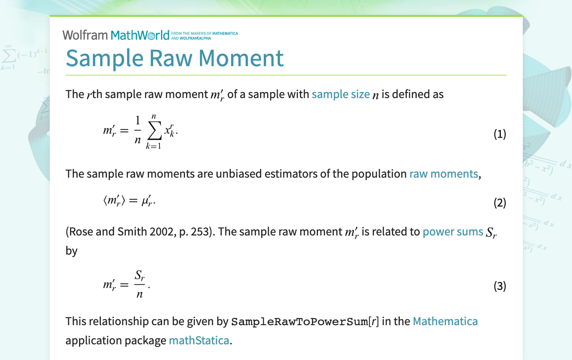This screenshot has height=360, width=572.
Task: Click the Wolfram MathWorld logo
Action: pos(116,35)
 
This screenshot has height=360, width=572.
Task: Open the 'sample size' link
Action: pos(341,94)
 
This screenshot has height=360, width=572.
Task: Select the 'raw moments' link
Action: pos(444,174)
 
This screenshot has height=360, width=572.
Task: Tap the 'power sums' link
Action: pos(453,232)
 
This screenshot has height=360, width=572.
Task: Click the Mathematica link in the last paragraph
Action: pos(445,321)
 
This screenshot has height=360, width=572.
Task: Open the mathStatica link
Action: pos(199,341)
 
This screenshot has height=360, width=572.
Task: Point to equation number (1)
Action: pos(499,134)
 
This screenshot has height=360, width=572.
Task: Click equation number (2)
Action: pos(499,203)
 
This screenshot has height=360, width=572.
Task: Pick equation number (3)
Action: pos(499,286)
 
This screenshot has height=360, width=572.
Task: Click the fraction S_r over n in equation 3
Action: pos(139,285)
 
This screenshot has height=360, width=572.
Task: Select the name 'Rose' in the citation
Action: pos(82,232)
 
